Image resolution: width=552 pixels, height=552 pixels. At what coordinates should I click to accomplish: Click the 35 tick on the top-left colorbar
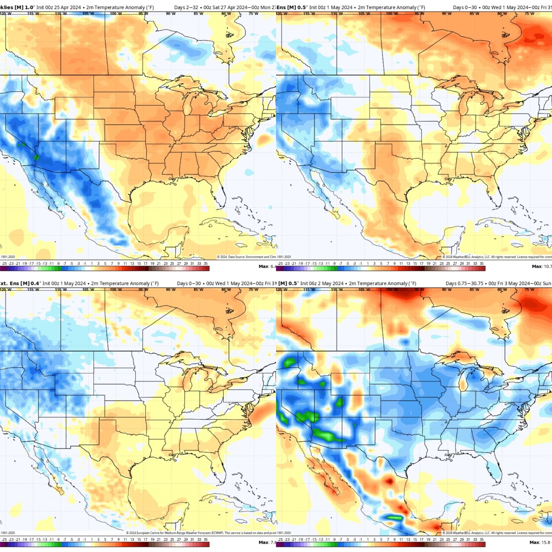[x=206, y=264]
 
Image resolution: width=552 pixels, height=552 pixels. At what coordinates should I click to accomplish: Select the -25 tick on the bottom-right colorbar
[x=280, y=540]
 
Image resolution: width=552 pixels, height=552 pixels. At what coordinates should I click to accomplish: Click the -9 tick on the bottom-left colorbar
[x=58, y=540]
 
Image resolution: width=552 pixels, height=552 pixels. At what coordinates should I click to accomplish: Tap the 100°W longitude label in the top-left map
[x=115, y=13]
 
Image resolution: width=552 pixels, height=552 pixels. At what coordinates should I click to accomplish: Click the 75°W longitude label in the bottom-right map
[x=529, y=289]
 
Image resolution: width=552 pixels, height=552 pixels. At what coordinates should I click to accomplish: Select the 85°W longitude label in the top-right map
[x=474, y=13]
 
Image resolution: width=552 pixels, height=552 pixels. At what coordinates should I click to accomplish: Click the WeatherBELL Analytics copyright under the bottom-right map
[x=497, y=533]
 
